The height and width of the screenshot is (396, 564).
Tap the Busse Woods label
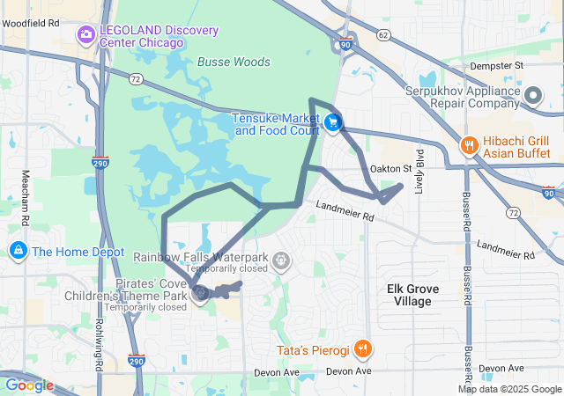pyautogui.click(x=234, y=62)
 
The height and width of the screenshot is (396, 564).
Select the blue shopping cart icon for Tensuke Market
pyautogui.click(x=332, y=124)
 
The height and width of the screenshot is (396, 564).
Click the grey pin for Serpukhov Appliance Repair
pyautogui.click(x=532, y=95)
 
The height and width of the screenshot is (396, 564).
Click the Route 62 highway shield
pyautogui.click(x=382, y=35)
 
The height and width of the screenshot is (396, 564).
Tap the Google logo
pyautogui.click(x=28, y=385)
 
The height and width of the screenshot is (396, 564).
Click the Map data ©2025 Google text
pyautogui.click(x=508, y=390)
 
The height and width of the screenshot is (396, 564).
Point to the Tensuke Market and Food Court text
pyautogui.click(x=276, y=124)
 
